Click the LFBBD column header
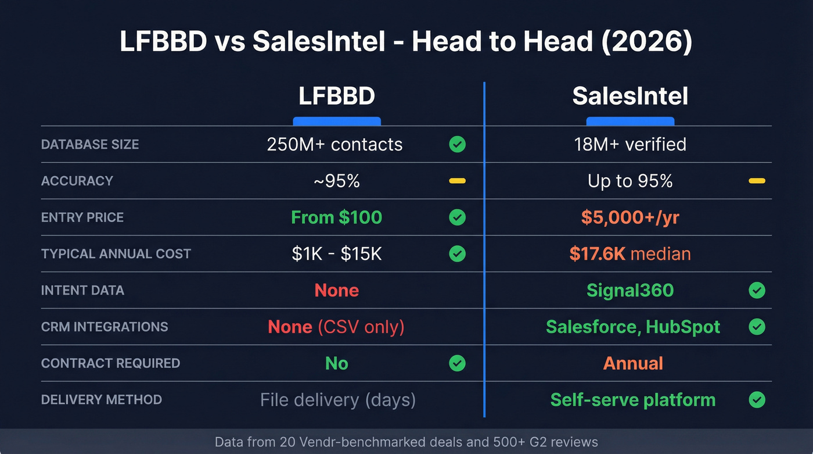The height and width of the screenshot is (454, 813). [336, 96]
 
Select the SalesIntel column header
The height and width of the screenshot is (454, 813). [630, 96]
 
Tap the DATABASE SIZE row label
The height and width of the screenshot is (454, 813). [90, 144]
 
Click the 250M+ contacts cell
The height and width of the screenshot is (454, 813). [334, 144]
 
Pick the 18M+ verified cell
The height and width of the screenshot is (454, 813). [630, 144]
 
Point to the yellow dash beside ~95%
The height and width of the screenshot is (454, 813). [457, 181]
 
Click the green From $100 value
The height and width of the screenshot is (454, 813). [336, 217]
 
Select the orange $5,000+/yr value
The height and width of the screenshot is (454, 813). [630, 217]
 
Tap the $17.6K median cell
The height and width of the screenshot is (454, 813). [630, 253]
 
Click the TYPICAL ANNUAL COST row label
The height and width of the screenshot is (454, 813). [116, 253]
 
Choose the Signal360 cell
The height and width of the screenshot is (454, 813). [630, 290]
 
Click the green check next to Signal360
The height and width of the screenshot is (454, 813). [757, 290]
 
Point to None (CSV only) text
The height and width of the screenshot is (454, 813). [336, 327]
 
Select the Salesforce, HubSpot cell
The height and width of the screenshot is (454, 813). [633, 327]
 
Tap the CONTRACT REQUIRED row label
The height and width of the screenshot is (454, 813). [110, 363]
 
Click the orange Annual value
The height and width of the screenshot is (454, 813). [633, 363]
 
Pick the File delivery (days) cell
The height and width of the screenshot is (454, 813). [337, 400]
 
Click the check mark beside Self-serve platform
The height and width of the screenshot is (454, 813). [757, 400]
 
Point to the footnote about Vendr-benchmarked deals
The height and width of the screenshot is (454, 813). [406, 442]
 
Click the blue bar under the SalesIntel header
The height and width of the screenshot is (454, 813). [630, 121]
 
